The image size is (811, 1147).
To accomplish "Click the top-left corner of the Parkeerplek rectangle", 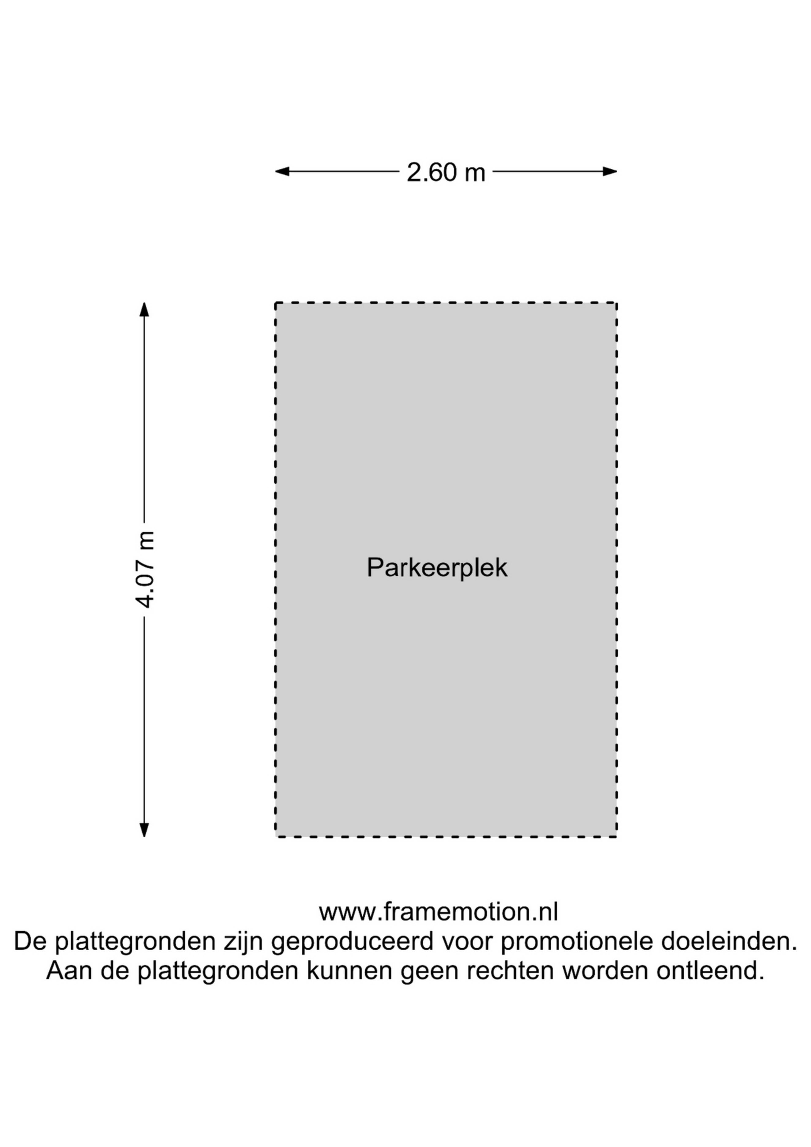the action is click(276, 303).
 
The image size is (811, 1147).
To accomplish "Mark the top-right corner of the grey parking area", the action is click(617, 303).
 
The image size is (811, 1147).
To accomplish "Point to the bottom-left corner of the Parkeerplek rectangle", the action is click(276, 837).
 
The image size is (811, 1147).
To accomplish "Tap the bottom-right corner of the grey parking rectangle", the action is click(617, 837).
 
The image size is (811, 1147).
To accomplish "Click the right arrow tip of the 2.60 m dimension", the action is click(617, 171).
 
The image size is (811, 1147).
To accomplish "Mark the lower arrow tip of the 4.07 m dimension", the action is click(144, 837).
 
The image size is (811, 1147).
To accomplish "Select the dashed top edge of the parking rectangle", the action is click(446, 303).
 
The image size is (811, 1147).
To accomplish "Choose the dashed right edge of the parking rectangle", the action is click(617, 570).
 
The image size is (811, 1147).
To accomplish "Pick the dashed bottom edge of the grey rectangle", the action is click(446, 837).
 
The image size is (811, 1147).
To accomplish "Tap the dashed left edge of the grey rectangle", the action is click(276, 570).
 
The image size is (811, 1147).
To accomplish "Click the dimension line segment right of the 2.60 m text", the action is click(555, 171).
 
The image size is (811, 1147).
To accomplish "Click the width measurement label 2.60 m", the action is click(446, 172).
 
